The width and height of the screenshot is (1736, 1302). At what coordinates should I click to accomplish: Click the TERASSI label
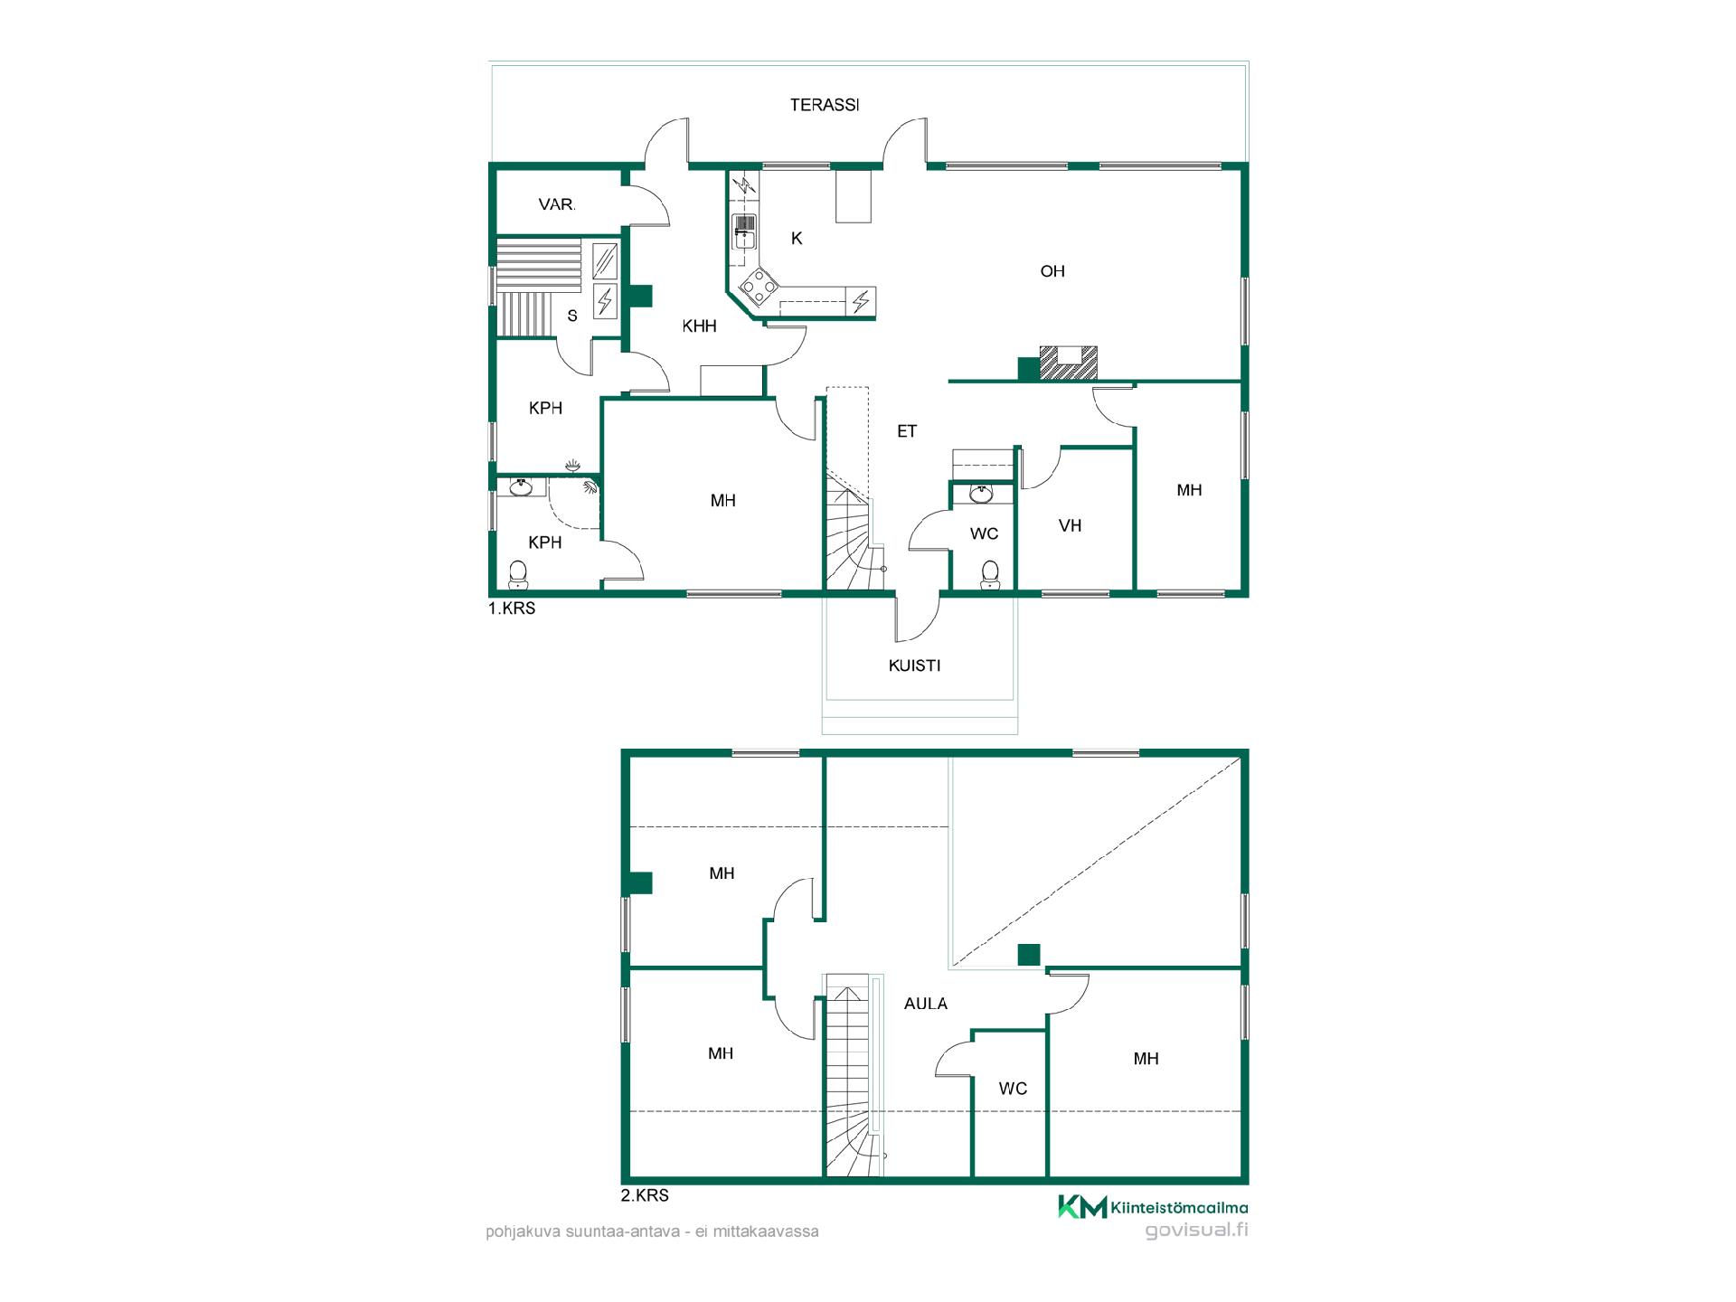coord(825,105)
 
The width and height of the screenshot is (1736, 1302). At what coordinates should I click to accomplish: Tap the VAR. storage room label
coord(557,204)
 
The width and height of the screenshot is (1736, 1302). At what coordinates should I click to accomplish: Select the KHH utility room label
coord(699,326)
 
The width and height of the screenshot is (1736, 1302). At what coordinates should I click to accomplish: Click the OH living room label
coord(1052,271)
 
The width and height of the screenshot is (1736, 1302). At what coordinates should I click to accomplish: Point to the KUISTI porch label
coord(914,665)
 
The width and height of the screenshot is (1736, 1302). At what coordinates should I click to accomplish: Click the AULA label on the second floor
coord(926,1004)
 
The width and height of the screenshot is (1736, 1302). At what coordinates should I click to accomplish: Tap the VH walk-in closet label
coord(1071,525)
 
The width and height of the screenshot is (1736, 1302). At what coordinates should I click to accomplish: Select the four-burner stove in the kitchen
coord(759,288)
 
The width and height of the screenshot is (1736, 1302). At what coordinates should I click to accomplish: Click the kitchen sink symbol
coord(744,231)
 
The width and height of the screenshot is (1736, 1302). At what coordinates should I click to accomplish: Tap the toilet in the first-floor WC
coord(990,573)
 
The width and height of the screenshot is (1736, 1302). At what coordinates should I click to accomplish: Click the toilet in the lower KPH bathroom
coord(518,573)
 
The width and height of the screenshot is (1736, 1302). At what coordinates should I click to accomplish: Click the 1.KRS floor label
coord(512,609)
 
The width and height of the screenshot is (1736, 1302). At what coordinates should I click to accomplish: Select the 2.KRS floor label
coord(645,1195)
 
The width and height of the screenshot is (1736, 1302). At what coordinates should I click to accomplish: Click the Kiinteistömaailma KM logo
coord(1153,1207)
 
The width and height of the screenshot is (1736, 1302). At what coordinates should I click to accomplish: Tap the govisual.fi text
coord(1196,1230)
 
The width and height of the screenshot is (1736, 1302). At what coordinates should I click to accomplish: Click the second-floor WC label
coord(1013,1089)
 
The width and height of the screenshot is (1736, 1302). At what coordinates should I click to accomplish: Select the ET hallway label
coord(907,432)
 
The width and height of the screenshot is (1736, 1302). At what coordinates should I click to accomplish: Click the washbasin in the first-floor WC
coord(980,493)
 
